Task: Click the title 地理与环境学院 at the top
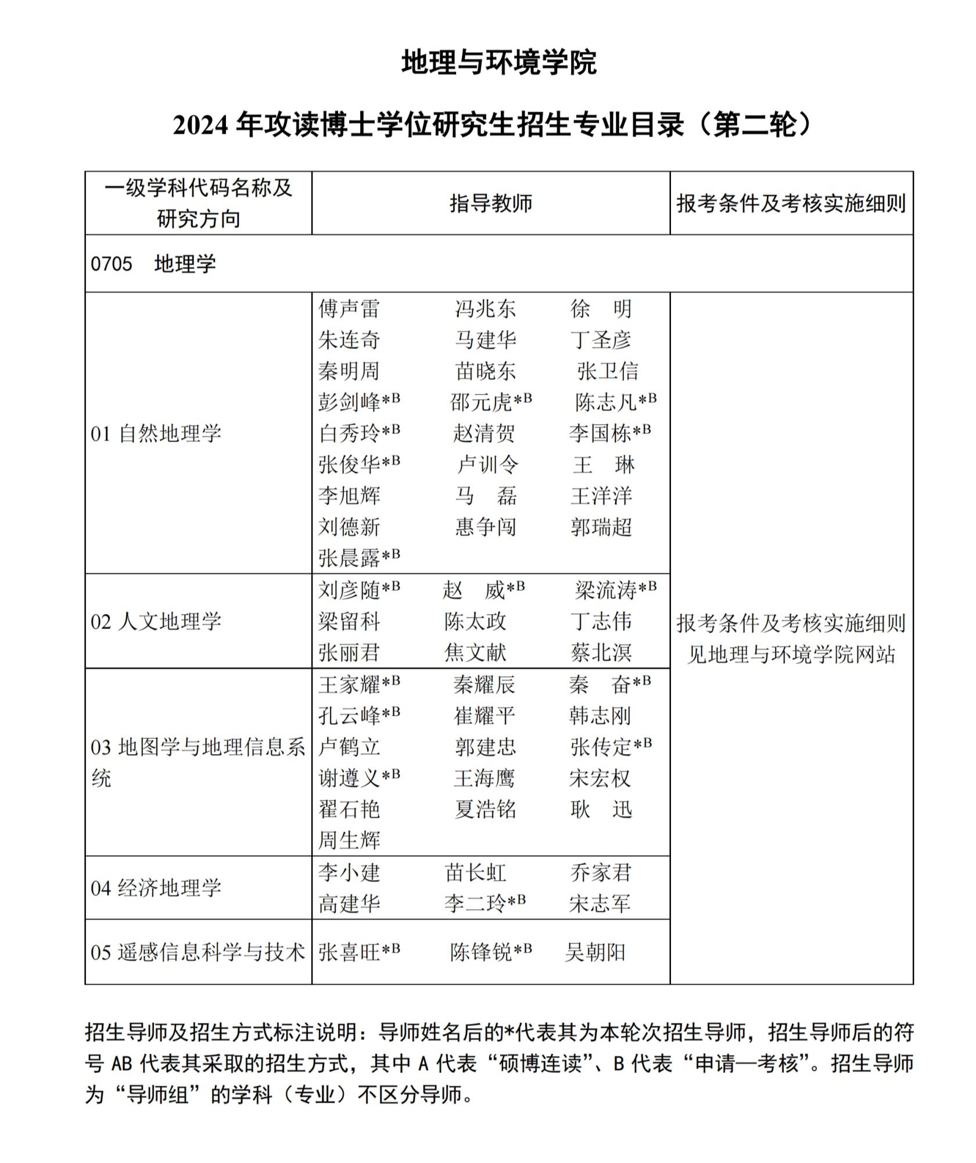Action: (498, 62)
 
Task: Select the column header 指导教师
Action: (490, 203)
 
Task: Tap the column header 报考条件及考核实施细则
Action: (791, 203)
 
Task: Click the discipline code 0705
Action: (112, 264)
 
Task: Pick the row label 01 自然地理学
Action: (156, 433)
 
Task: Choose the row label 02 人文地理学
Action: (156, 622)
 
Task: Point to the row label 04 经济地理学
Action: (156, 888)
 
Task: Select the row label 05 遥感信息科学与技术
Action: (198, 952)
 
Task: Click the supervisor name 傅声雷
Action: (349, 308)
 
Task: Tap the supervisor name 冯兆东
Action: (485, 308)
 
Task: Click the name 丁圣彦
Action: (601, 340)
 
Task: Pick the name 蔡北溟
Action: (601, 652)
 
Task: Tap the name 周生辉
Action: (349, 840)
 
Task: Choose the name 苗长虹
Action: (475, 873)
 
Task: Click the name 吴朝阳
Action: (595, 952)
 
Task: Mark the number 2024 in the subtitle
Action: (200, 125)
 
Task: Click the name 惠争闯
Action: (485, 527)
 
